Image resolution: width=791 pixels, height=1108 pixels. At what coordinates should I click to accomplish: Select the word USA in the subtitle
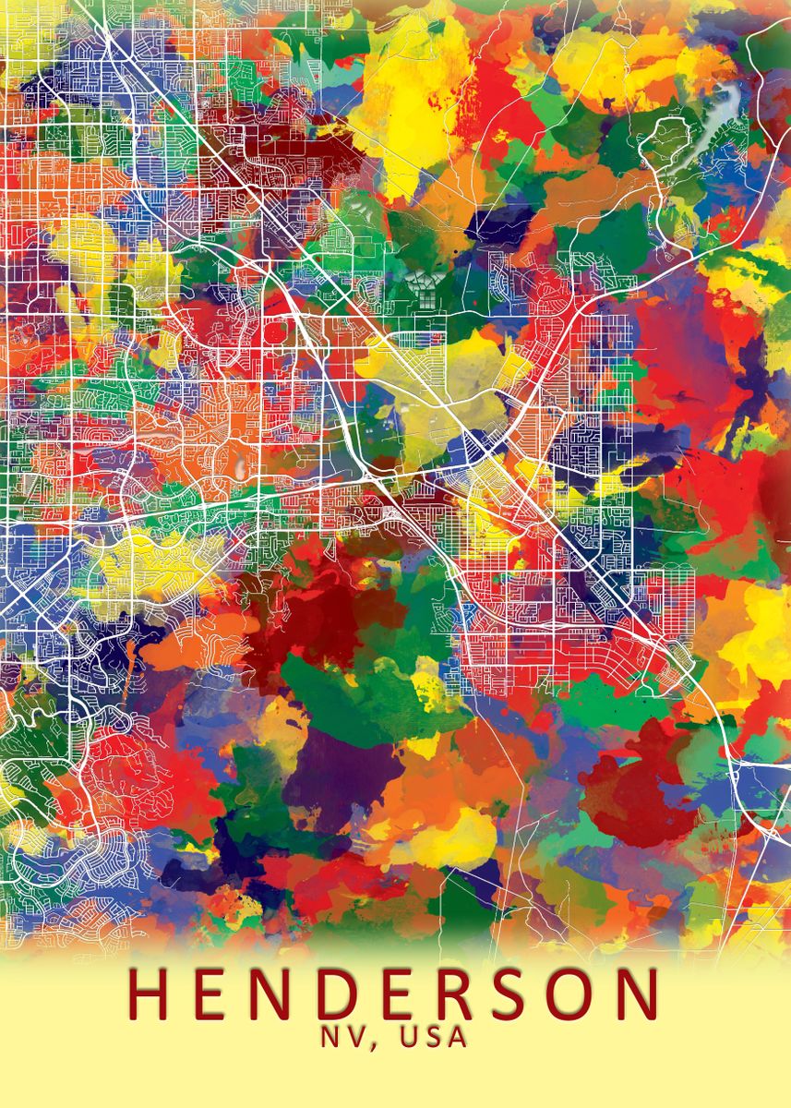coord(434,1037)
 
